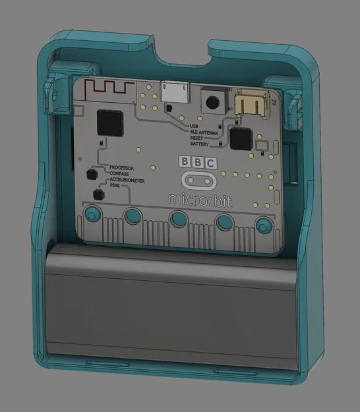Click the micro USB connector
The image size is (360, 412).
coord(173,90)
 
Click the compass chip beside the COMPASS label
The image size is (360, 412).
coord(90,175)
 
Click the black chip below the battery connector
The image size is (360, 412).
coord(240,139)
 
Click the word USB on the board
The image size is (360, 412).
coord(194,125)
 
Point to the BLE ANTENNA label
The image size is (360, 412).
coord(204,131)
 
